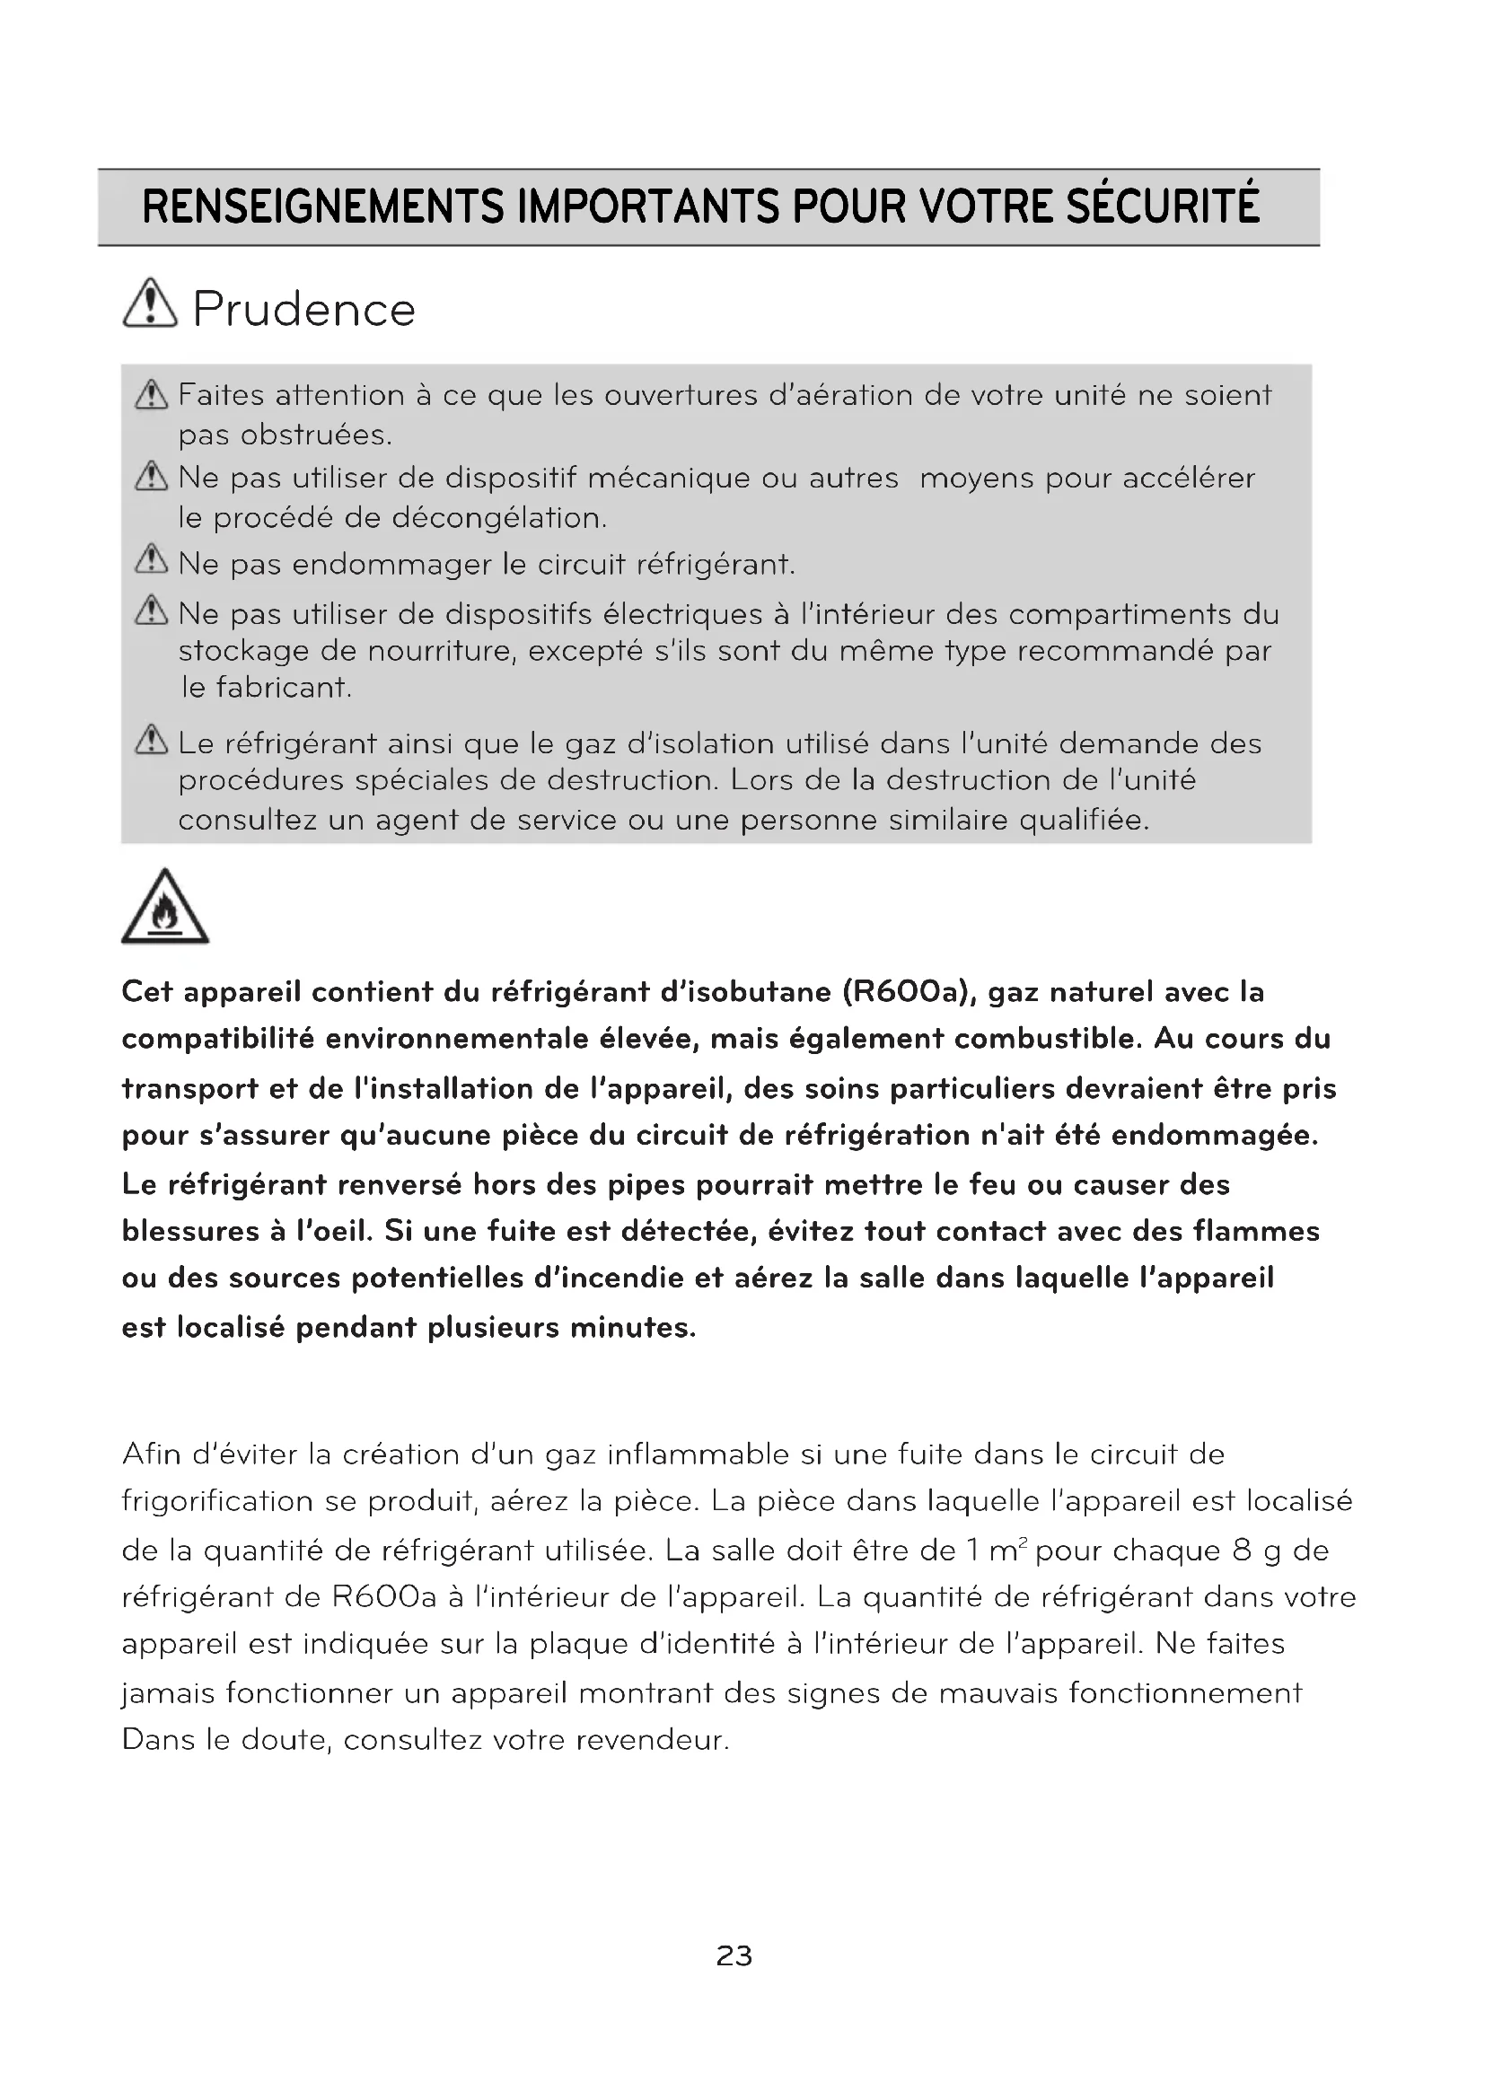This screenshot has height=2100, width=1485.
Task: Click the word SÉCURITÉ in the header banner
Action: [1162, 206]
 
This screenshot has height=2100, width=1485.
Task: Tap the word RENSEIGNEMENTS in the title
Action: [323, 206]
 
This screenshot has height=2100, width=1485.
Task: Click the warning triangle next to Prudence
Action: [150, 303]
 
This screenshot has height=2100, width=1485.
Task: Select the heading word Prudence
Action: [304, 309]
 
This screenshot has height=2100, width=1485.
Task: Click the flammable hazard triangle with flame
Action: [164, 909]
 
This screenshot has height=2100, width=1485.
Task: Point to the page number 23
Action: [734, 1955]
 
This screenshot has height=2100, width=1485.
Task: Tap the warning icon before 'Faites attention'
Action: [152, 395]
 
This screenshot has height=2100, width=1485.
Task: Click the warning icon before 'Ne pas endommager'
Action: [152, 559]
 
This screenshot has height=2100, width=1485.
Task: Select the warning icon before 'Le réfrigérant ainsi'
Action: [152, 740]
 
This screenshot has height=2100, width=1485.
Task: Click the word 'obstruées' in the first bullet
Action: [315, 435]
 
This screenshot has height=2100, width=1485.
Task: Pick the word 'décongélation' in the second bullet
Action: [499, 519]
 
